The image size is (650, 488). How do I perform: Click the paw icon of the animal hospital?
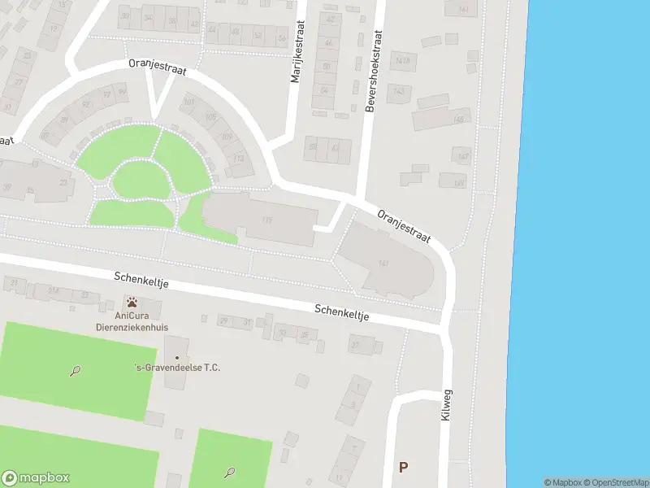pyautogui.click(x=132, y=303)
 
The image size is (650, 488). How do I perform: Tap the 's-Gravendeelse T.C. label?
pyautogui.click(x=177, y=368)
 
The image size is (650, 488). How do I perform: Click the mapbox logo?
pyautogui.click(x=36, y=478)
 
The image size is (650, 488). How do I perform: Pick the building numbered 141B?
pyautogui.click(x=401, y=60)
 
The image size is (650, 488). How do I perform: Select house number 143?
pyautogui.click(x=398, y=92)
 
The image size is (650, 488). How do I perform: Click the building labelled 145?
pyautogui.click(x=460, y=120)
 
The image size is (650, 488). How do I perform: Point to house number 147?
pyautogui.click(x=461, y=156)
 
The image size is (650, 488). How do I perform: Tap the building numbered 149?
pyautogui.click(x=459, y=182)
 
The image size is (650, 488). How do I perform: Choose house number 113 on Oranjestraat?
pyautogui.click(x=238, y=159)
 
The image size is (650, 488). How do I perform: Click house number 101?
pyautogui.click(x=188, y=102)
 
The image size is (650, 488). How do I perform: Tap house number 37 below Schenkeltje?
pyautogui.click(x=355, y=345)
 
